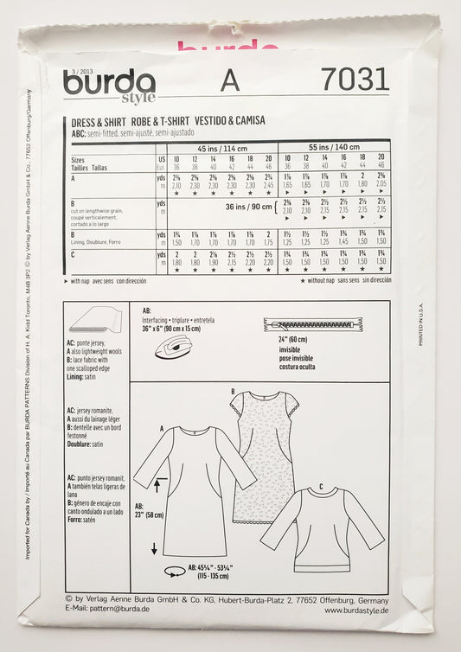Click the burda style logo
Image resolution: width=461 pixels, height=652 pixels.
(109, 85)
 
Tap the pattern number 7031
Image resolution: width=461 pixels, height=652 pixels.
(354, 80)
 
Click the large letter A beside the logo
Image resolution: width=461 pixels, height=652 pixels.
(229, 80)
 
